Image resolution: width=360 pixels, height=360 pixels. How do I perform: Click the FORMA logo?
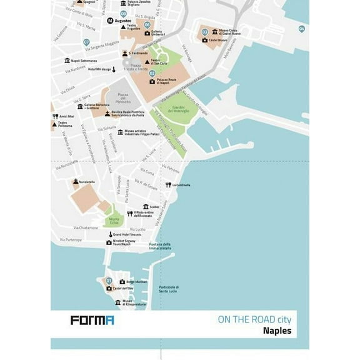click(91, 321)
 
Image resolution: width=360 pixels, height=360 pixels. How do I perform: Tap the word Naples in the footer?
click(277, 331)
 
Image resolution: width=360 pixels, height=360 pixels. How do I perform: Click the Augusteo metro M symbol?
click(110, 21)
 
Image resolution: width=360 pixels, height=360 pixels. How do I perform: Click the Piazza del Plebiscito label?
click(123, 99)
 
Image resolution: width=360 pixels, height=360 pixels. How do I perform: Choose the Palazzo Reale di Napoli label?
click(167, 81)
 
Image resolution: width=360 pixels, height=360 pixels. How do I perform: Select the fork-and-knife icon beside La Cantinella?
click(168, 185)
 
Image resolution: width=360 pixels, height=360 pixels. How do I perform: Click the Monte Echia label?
click(114, 221)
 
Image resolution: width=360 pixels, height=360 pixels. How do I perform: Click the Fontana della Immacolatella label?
click(160, 246)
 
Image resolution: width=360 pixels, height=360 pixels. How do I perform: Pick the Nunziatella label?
click(86, 182)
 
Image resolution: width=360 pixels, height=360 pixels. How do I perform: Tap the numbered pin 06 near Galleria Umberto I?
click(147, 25)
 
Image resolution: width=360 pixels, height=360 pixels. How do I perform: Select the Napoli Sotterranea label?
click(84, 61)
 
